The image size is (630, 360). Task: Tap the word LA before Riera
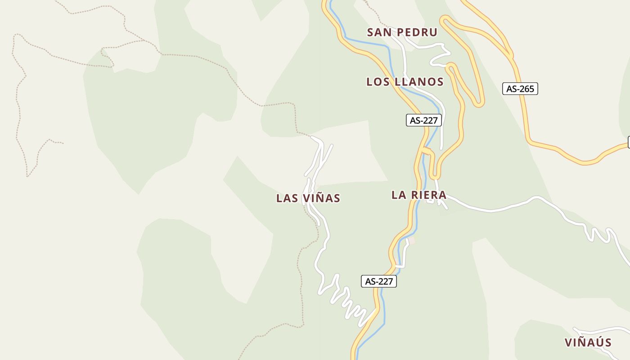pos(399,195)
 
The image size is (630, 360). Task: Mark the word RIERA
pos(429,195)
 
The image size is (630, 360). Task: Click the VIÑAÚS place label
pos(588,343)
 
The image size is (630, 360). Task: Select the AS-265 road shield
pos(520,89)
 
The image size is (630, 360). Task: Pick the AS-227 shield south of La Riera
pos(379,282)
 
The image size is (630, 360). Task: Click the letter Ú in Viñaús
pos(598,342)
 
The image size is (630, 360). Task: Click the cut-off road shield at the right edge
pos(629,143)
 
